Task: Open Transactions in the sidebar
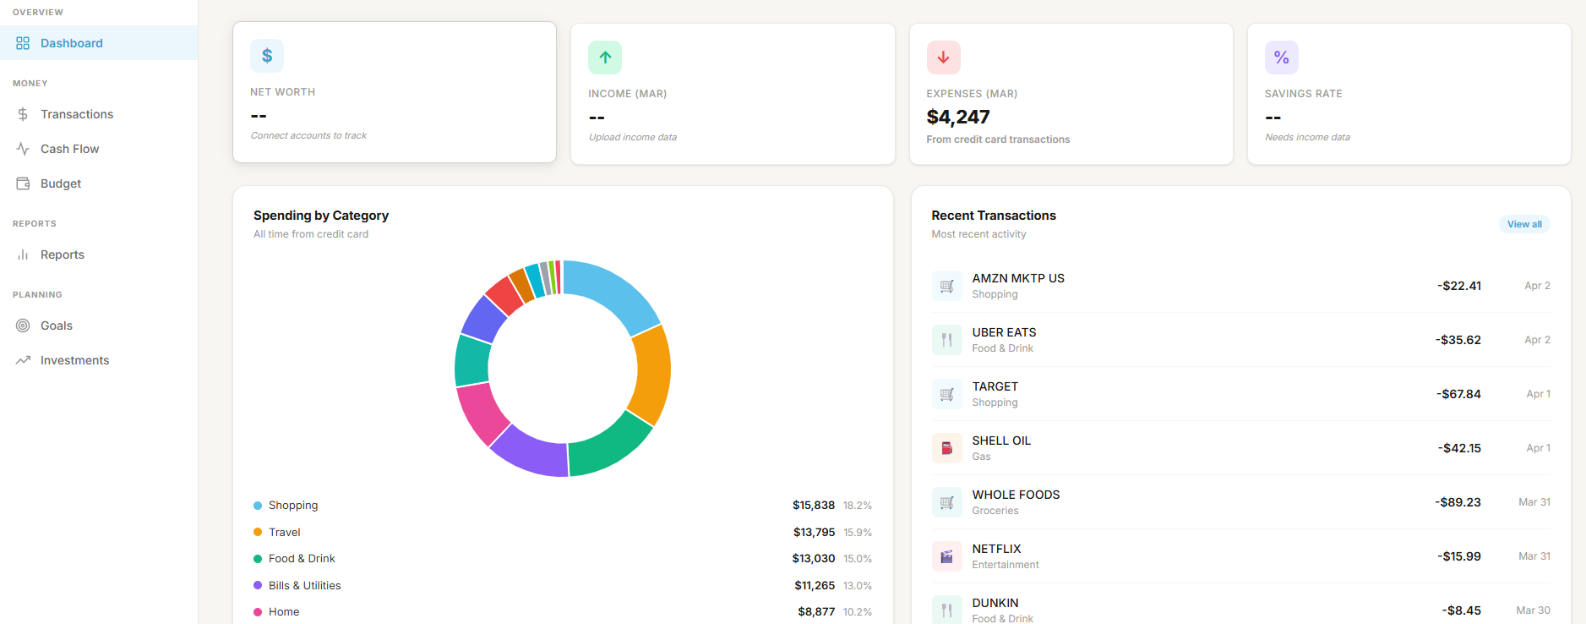(x=76, y=114)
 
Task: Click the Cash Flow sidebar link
(x=69, y=149)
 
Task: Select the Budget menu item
(x=61, y=183)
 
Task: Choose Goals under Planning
(x=56, y=326)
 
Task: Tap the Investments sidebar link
(x=74, y=360)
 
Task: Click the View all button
(x=1524, y=224)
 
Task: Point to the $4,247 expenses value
(x=957, y=117)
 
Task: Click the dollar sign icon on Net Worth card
(x=267, y=56)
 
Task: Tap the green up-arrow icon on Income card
(x=605, y=57)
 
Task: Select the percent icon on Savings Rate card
(x=1281, y=57)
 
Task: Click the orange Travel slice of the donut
(x=651, y=375)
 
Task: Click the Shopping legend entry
(x=293, y=506)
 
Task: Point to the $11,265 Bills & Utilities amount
(x=814, y=585)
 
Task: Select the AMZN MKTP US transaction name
(x=1018, y=278)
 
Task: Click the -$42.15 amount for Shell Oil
(x=1459, y=448)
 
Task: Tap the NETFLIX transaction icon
(x=946, y=556)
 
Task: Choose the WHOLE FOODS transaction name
(x=1016, y=495)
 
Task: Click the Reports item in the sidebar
(x=62, y=255)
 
